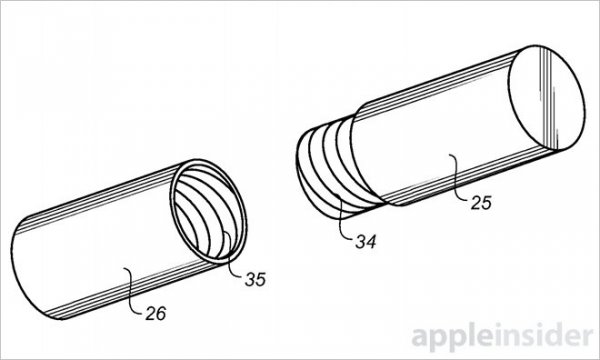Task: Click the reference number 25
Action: (x=481, y=203)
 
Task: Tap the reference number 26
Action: (x=156, y=313)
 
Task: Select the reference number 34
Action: (x=366, y=241)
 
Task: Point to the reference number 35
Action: (x=255, y=279)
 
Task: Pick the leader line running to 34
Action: (x=341, y=218)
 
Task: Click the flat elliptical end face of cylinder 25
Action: (x=547, y=98)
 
